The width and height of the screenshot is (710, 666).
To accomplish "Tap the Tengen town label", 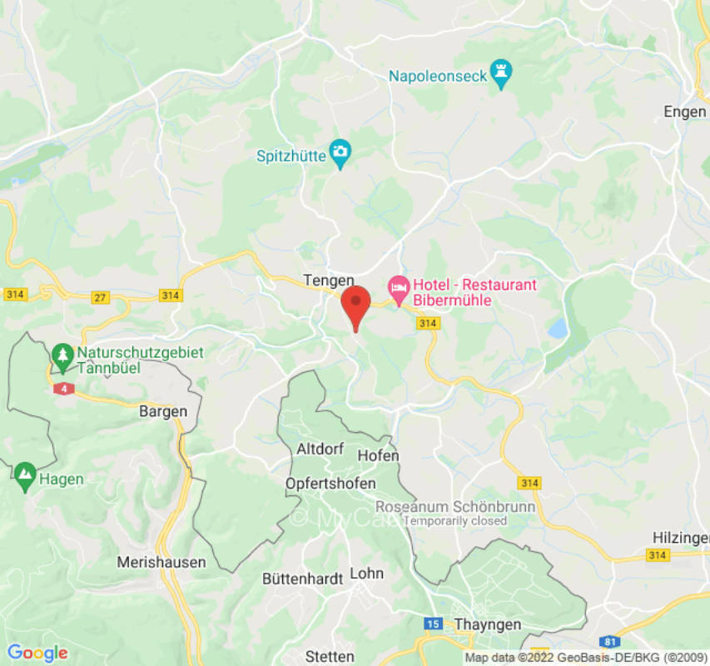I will [x=328, y=281].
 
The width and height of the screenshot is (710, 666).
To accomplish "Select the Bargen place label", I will [x=163, y=411].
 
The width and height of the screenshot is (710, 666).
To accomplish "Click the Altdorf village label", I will [x=320, y=449].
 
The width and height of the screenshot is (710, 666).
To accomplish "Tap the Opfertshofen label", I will [x=330, y=484].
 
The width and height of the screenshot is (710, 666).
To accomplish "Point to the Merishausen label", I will [x=161, y=562].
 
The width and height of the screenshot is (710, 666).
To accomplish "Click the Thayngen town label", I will [x=488, y=624].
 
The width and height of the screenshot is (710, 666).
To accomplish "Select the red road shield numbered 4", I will [x=62, y=388].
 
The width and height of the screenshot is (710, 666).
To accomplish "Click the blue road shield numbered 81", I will [x=611, y=641].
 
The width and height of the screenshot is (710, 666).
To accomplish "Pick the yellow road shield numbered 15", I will [x=433, y=623].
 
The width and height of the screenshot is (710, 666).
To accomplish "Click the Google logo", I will [x=37, y=653].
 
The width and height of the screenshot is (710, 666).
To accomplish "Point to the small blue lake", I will [x=558, y=329].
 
